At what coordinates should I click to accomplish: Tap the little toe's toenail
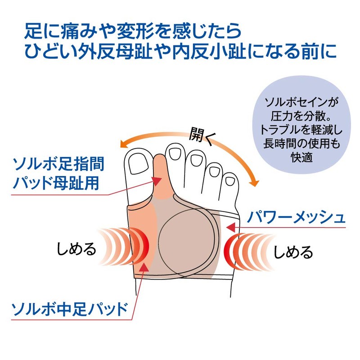click(x=230, y=181)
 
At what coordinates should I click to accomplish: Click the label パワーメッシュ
click(x=296, y=217)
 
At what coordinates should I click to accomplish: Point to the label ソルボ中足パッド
click(x=69, y=309)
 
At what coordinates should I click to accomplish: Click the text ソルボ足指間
click(x=59, y=164)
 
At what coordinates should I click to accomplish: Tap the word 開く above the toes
click(x=201, y=135)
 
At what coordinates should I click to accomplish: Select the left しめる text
click(x=76, y=249)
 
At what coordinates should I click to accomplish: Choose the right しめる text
click(x=293, y=252)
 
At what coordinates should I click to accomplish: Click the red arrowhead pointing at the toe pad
click(x=157, y=181)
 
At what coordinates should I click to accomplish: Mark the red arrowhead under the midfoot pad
click(x=144, y=267)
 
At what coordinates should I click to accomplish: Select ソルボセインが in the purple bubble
click(x=301, y=102)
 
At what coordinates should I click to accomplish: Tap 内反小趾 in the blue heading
click(x=209, y=52)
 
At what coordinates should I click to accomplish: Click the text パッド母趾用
click(x=56, y=183)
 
